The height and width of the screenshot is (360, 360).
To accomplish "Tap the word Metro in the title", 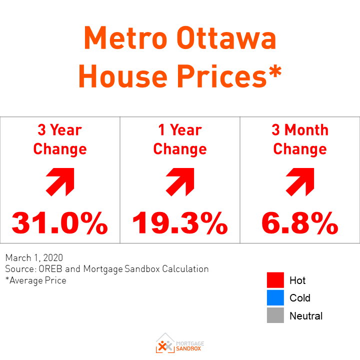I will coord(122,39).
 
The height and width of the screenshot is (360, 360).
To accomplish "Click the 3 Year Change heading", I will coord(59,139).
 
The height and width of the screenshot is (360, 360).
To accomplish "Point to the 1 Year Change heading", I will coord(179,139).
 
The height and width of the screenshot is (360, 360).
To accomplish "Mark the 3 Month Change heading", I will coord(299,139).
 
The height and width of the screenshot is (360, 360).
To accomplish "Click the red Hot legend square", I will coord(275,280).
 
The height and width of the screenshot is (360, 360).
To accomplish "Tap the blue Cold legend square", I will coord(275,298).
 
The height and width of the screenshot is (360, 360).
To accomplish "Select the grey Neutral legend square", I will coord(275,315).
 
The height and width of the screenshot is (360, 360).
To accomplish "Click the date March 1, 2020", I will coord(34,258).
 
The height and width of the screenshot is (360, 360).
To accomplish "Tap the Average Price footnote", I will coord(36,280).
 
